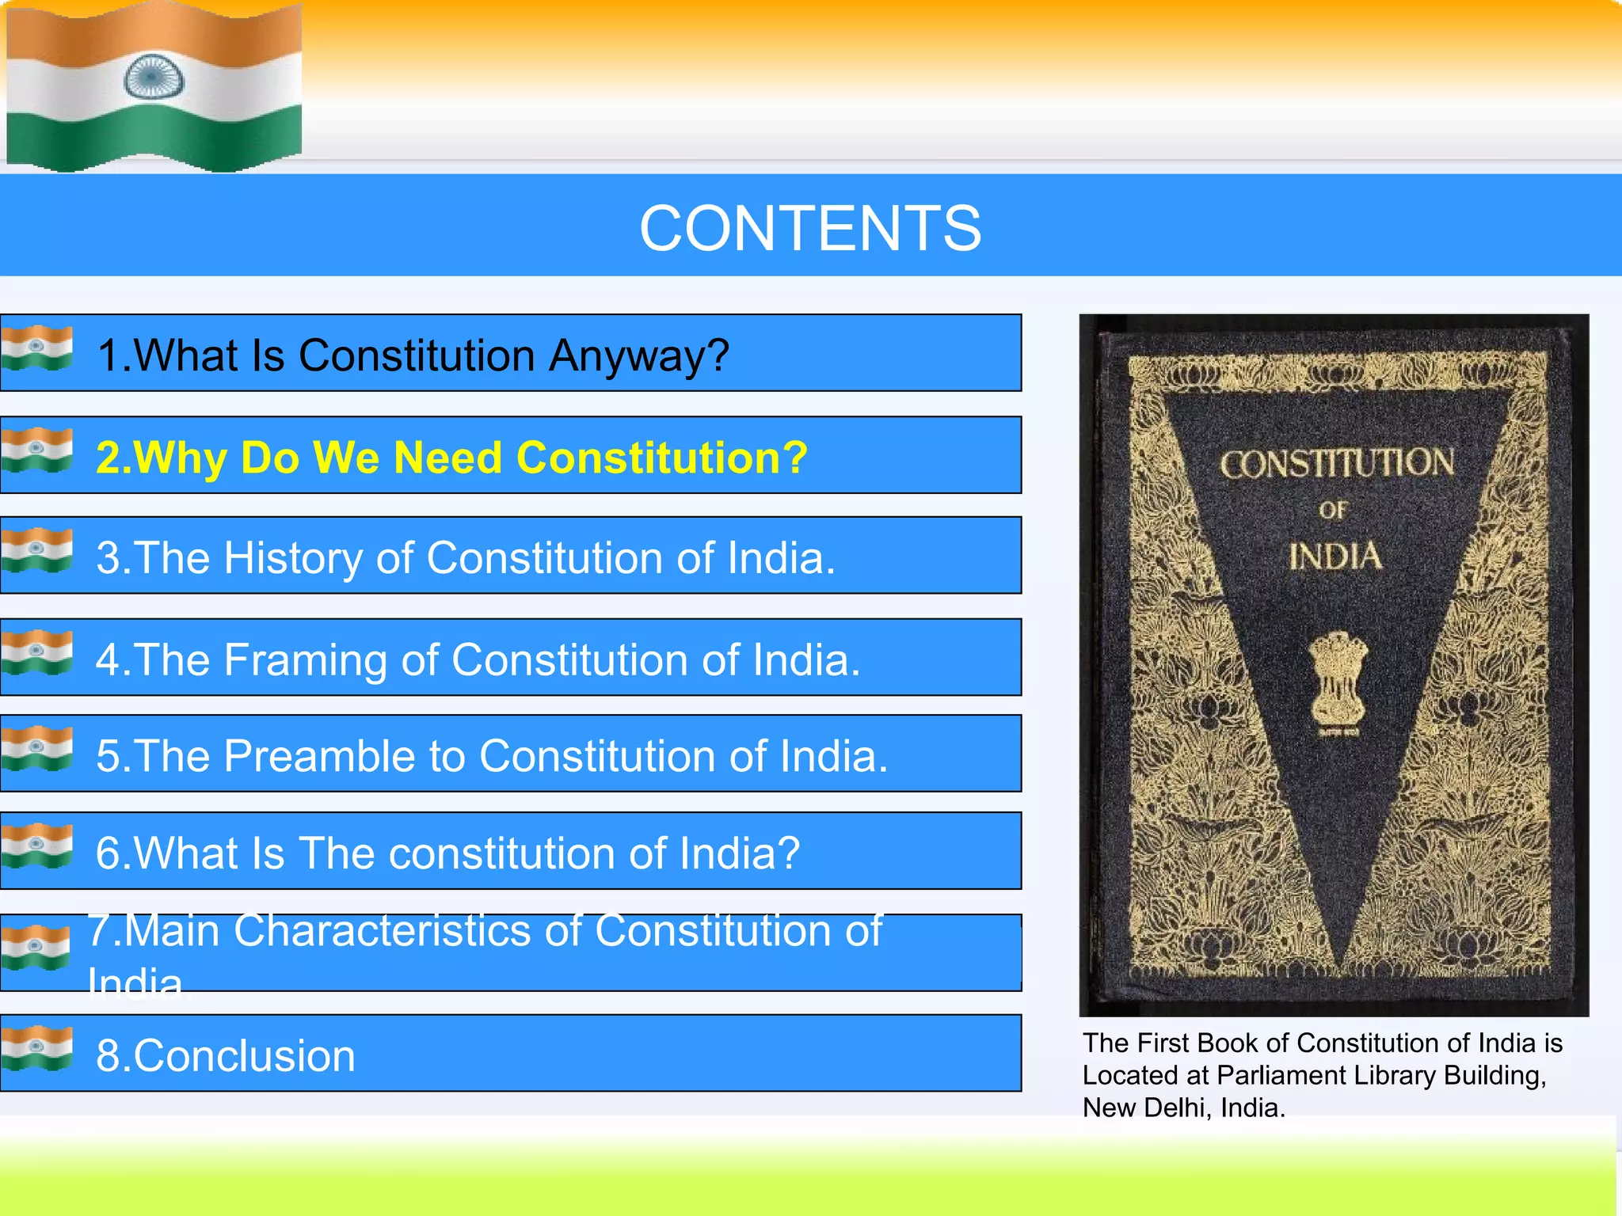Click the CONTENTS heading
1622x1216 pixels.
tap(810, 228)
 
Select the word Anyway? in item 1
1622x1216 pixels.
tap(639, 355)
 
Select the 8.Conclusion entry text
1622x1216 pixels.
tap(226, 1056)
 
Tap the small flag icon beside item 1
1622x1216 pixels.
tap(36, 348)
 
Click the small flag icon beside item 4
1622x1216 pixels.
tap(36, 652)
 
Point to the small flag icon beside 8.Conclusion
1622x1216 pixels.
tap(36, 1048)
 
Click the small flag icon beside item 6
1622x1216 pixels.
tap(36, 845)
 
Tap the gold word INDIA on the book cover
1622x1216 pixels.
tap(1335, 557)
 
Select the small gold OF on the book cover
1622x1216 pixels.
tap(1333, 511)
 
